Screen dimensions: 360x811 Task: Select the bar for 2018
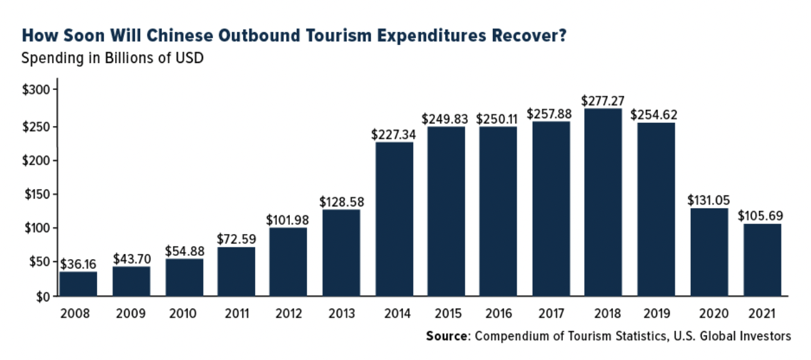[603, 203]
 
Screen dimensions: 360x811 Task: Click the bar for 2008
[78, 283]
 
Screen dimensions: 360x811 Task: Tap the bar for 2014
[395, 219]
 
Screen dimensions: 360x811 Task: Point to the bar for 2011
[236, 271]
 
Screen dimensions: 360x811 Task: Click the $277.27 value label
[603, 101]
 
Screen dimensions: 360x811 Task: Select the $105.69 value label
[761, 215]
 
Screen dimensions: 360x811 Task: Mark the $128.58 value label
[342, 201]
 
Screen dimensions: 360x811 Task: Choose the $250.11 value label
[499, 119]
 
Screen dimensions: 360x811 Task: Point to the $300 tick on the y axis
[36, 89]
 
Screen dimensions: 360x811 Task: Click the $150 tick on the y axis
[36, 194]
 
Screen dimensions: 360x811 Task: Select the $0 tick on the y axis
[42, 297]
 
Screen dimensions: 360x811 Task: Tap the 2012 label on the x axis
[289, 314]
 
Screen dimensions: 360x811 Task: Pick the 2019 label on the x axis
[655, 314]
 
